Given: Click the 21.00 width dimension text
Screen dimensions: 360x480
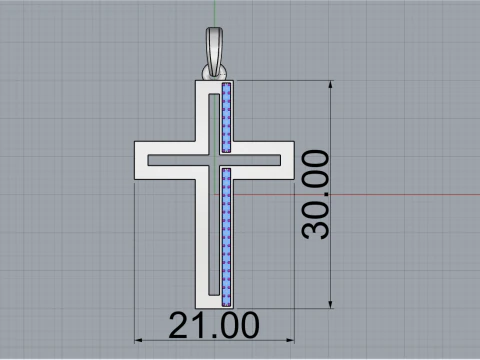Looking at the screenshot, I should pos(214,327).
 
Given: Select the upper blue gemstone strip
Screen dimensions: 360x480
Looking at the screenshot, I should pos(226,118).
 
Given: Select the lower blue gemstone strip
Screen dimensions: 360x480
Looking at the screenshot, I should pos(227,234).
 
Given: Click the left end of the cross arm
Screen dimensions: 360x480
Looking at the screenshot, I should pos(138,160).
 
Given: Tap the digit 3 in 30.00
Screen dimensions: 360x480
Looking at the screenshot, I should pos(317,225).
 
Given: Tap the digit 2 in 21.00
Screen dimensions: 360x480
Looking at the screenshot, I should pos(180,327).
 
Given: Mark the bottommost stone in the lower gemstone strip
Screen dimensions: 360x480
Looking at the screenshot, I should pos(227,299).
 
